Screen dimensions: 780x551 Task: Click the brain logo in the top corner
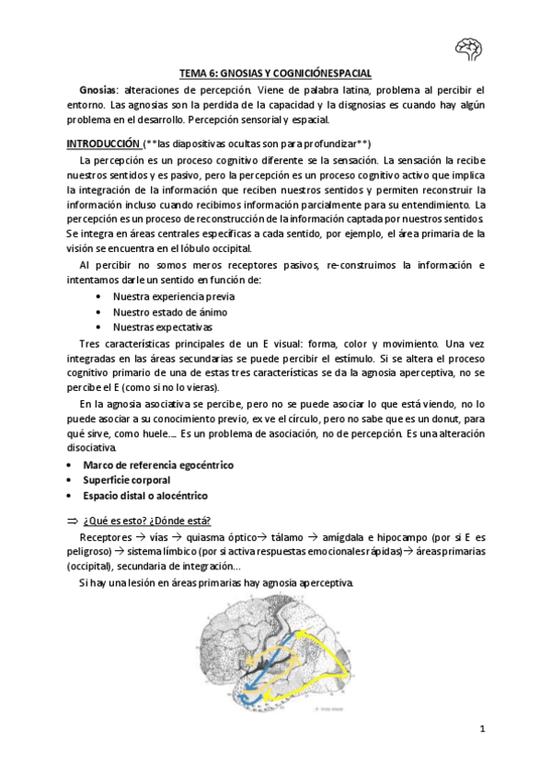(x=469, y=47)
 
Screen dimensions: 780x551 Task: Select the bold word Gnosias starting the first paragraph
(x=98, y=90)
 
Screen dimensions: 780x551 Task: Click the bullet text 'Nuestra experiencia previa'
(x=173, y=296)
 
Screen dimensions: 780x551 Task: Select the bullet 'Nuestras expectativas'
(x=162, y=326)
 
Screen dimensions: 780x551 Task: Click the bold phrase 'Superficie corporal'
(x=128, y=480)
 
